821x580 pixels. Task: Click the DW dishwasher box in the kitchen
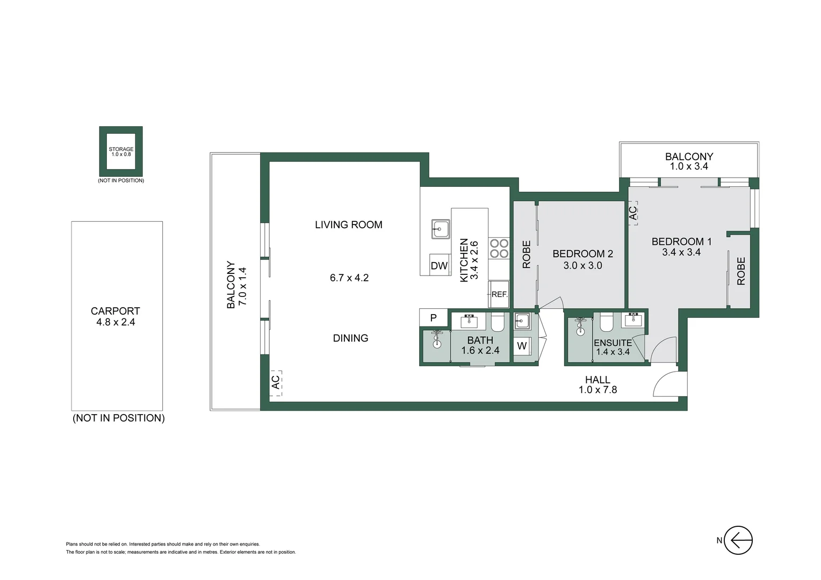coord(439,265)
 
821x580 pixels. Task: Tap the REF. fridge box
coord(499,294)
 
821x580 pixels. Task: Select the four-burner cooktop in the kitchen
coord(499,249)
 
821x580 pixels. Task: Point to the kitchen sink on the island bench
coord(440,229)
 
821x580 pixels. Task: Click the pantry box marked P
coord(433,317)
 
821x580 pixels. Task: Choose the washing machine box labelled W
coord(522,346)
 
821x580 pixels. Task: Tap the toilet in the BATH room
coord(497,322)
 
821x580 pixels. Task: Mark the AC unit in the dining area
coord(275,382)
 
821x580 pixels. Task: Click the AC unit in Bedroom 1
coord(633,213)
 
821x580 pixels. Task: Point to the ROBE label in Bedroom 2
coord(527,255)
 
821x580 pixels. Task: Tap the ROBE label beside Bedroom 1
coord(741,271)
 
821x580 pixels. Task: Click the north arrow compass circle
coord(738,540)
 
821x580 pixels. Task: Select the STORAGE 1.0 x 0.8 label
coord(121,151)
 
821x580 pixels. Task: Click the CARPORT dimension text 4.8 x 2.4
coord(115,322)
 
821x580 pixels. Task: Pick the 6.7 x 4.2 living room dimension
coord(349,278)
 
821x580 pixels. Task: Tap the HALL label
coord(597,380)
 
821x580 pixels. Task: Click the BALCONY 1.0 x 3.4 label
coord(689,161)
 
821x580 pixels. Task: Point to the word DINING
coord(350,338)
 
